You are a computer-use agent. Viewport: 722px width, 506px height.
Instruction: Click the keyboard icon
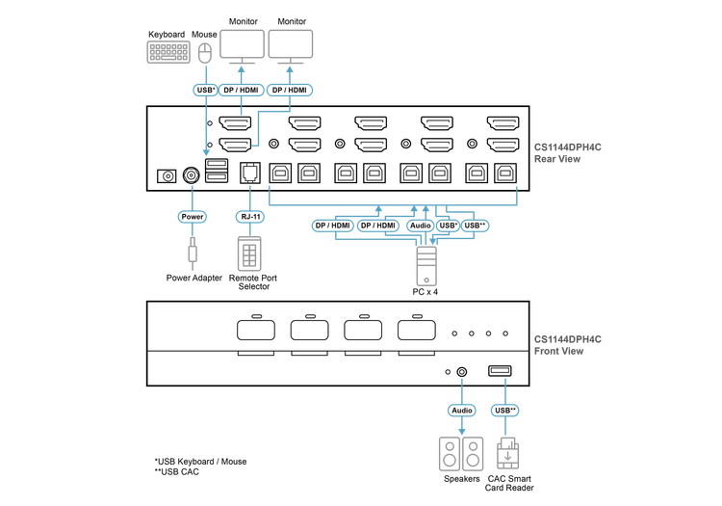click(168, 52)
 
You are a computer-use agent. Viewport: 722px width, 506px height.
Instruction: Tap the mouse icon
click(205, 53)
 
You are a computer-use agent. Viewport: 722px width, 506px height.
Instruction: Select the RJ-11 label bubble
click(250, 217)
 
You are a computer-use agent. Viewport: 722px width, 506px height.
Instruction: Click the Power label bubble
click(192, 217)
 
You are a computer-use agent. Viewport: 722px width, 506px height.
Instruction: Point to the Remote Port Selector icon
click(249, 253)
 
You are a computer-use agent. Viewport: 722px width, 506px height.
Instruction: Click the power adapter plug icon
click(193, 253)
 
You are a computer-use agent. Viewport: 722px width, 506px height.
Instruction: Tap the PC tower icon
click(426, 266)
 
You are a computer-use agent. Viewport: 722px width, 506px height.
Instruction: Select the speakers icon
click(461, 454)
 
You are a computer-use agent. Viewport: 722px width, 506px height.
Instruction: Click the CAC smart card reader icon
click(508, 453)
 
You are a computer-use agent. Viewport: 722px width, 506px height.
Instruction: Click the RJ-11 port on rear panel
click(250, 173)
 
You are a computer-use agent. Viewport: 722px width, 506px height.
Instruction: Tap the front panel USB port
click(500, 370)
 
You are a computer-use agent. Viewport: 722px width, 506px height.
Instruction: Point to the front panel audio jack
click(461, 372)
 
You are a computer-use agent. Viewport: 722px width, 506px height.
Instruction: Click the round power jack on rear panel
click(192, 175)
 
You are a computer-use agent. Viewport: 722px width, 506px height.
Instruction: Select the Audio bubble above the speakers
click(461, 411)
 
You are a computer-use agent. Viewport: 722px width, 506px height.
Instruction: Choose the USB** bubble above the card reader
click(505, 411)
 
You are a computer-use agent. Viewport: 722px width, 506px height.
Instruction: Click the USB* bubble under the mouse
click(205, 90)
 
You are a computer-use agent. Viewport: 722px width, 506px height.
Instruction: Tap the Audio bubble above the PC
click(420, 226)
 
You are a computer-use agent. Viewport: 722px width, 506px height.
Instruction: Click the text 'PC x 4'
click(425, 292)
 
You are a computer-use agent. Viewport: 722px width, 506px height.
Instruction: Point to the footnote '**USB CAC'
click(177, 472)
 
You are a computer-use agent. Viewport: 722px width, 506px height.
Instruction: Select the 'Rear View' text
click(557, 159)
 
